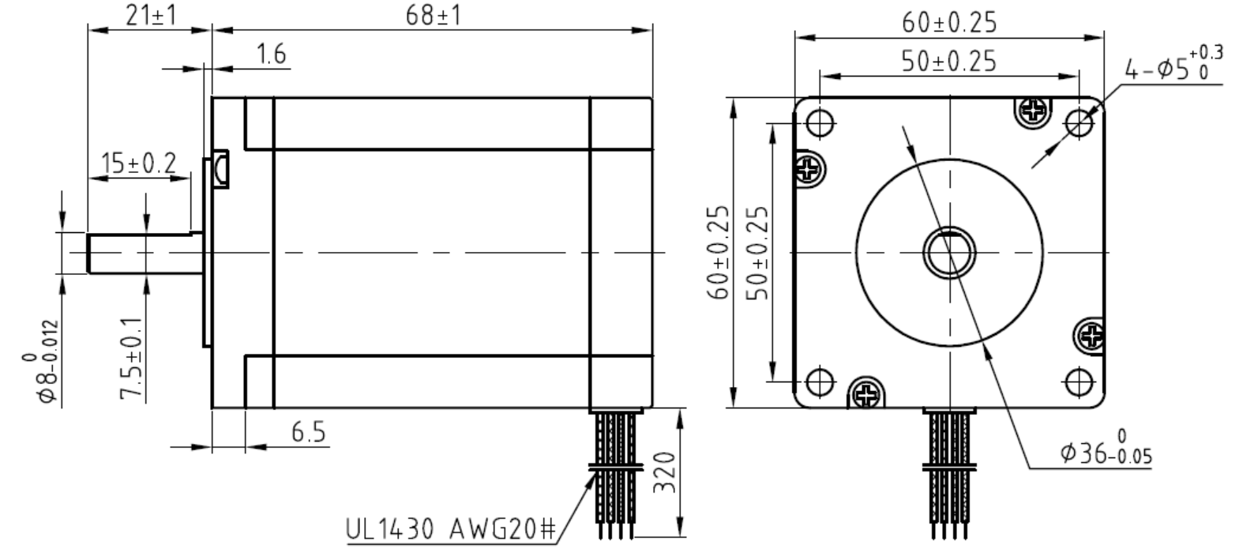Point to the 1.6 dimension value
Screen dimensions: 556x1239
click(x=271, y=55)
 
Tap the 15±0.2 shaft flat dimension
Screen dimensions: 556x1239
click(x=139, y=163)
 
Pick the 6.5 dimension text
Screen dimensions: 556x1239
click(x=307, y=432)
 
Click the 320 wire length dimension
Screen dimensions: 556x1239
click(x=666, y=471)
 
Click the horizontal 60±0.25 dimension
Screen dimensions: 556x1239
click(x=948, y=24)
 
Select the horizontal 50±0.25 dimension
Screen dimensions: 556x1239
click(x=948, y=62)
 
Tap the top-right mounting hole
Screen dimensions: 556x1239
click(x=1079, y=122)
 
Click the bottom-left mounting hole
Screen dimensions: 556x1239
click(x=820, y=381)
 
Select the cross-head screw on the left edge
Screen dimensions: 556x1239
click(x=809, y=168)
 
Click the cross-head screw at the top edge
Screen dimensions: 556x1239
click(x=1033, y=112)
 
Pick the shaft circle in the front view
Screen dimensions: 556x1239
click(x=950, y=252)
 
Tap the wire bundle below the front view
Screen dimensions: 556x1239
click(x=950, y=466)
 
